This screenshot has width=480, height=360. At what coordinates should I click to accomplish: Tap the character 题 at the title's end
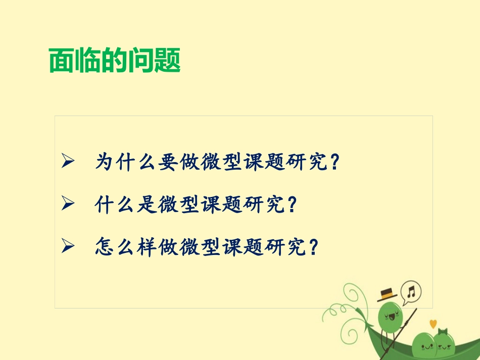[167, 61]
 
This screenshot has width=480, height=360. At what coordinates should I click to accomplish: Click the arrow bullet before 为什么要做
[67, 162]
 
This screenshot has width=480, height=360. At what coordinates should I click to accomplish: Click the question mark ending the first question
[333, 162]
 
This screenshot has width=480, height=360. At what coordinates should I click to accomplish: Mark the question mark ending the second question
[291, 204]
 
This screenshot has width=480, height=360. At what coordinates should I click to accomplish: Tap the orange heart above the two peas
[433, 324]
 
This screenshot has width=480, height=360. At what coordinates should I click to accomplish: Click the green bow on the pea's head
[443, 331]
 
